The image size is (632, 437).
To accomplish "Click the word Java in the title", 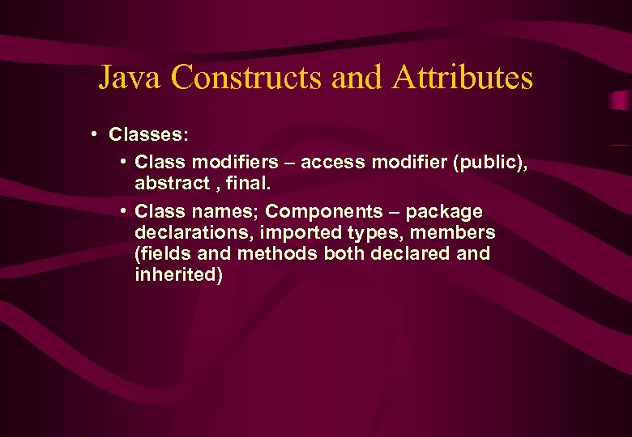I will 130,78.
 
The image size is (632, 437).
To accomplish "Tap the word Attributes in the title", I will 462,78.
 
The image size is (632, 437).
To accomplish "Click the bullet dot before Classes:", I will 95,132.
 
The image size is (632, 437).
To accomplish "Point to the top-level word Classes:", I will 149,133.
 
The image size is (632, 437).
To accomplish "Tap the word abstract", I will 173,183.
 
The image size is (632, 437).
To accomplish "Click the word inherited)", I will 179,275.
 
